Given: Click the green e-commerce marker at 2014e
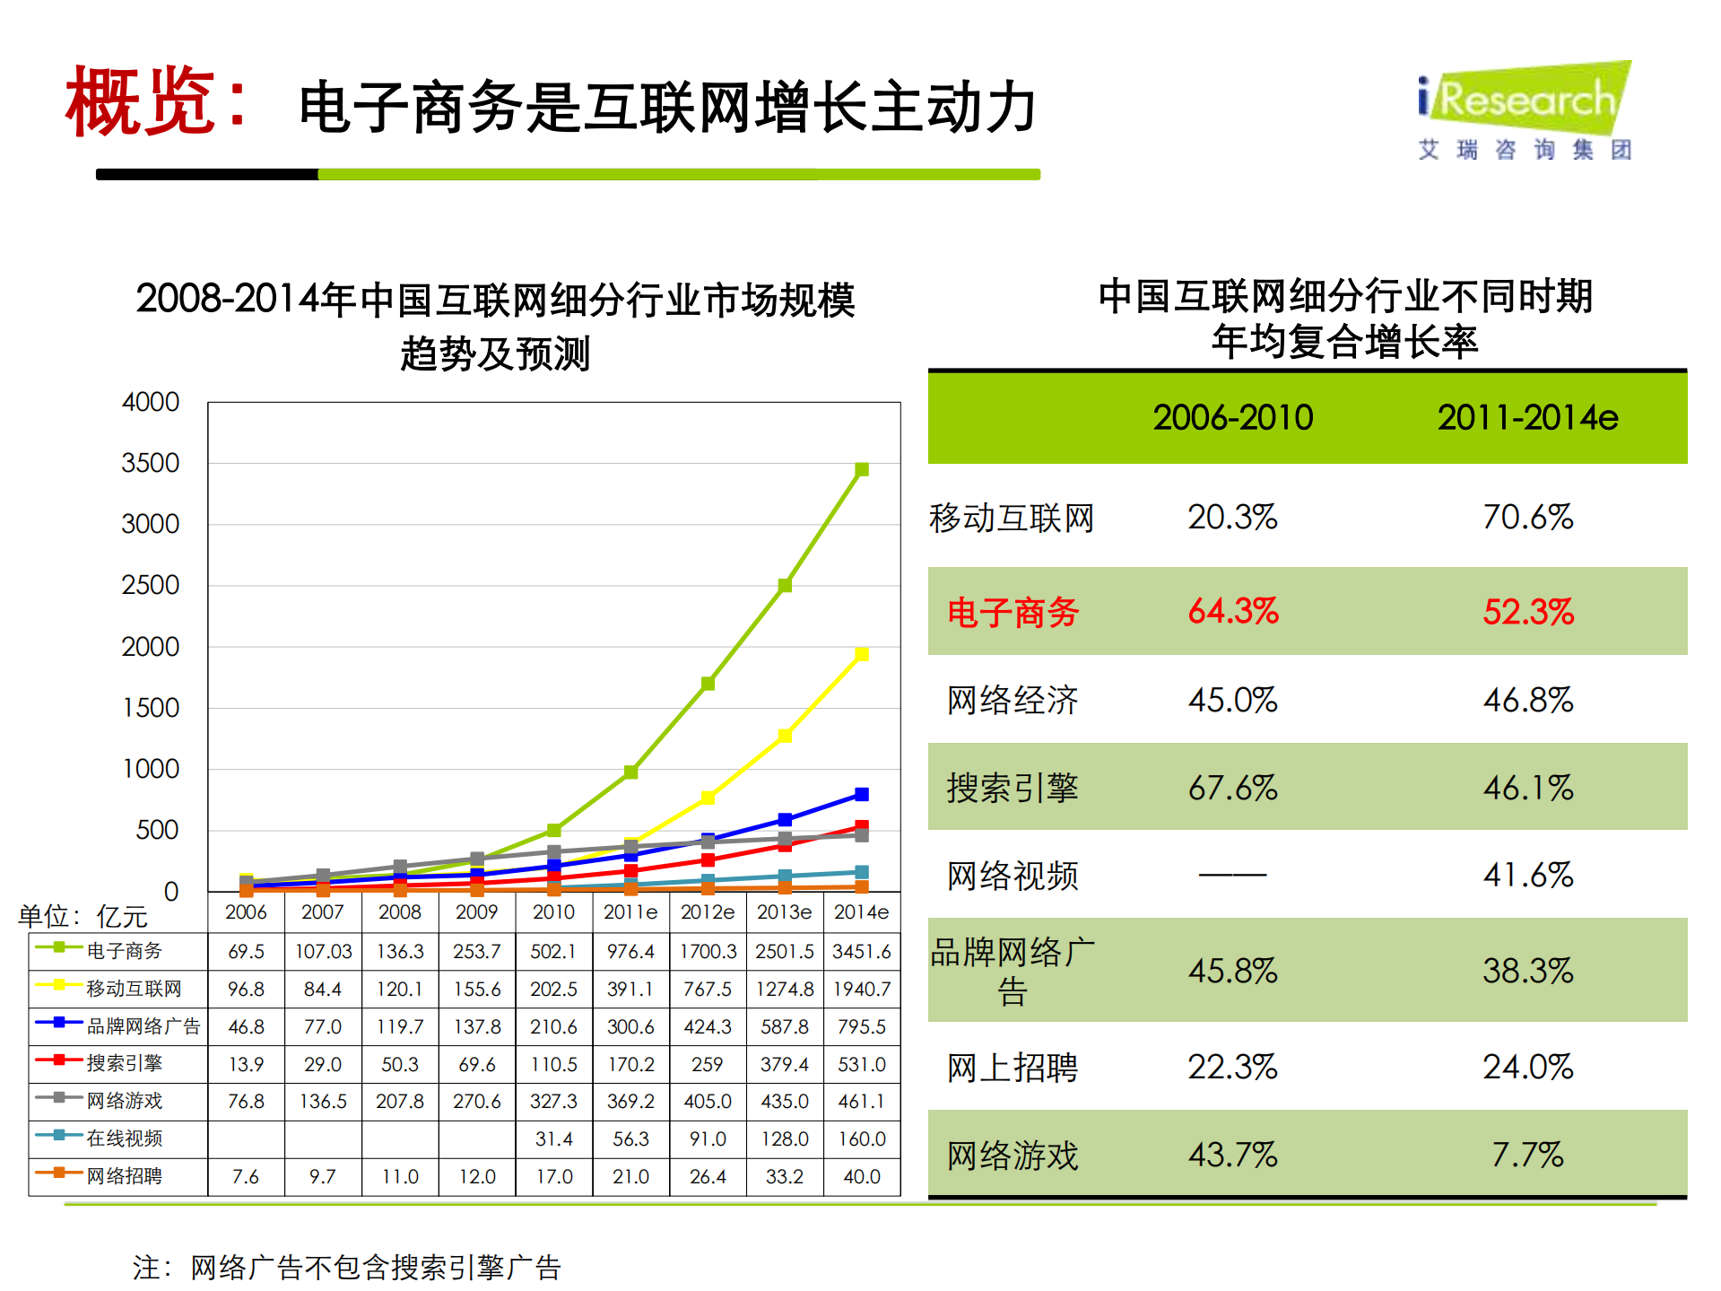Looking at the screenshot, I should [x=862, y=469].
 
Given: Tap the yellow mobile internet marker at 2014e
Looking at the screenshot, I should [x=862, y=654].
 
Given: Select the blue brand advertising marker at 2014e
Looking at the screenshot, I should [x=862, y=794].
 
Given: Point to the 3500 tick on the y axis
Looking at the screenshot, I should [x=151, y=463].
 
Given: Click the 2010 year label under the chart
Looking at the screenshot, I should [x=553, y=912].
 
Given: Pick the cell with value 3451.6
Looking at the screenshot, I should [x=862, y=951].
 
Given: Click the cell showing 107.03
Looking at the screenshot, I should [x=323, y=951].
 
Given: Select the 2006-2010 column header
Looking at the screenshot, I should [x=1232, y=417].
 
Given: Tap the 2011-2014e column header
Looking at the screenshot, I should [x=1527, y=417].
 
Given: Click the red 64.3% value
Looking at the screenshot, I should [x=1232, y=611].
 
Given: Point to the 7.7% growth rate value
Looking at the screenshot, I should [x=1527, y=1155].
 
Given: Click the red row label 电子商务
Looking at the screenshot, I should [x=1013, y=613].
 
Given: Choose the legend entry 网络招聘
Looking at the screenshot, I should [x=124, y=1175].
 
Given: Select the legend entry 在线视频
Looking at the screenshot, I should [x=124, y=1138].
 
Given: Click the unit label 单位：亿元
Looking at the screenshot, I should [x=83, y=916].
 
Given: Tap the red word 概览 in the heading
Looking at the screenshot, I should [x=142, y=103].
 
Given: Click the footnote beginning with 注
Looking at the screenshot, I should [x=346, y=1267].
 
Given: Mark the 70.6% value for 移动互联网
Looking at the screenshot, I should [x=1527, y=517].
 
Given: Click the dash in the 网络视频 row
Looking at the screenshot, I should [x=1232, y=874].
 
